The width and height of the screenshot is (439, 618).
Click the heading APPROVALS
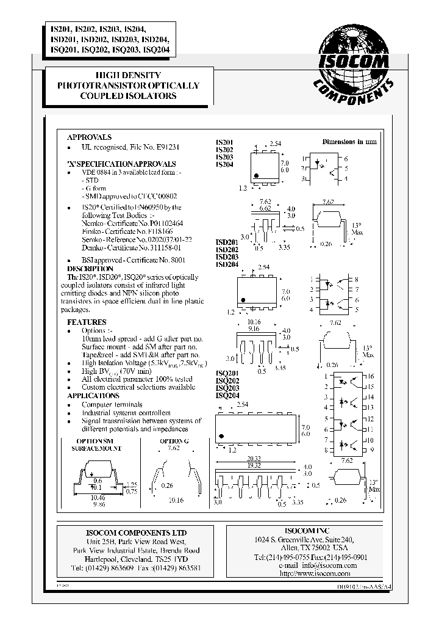click(89, 137)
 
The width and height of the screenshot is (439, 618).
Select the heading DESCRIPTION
click(90, 269)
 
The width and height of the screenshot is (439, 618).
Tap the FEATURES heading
click(87, 322)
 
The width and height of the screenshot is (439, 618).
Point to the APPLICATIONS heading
click(93, 396)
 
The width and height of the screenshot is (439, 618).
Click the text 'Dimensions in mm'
click(349, 141)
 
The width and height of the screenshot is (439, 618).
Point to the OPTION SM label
click(95, 440)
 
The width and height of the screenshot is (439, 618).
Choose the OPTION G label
click(172, 440)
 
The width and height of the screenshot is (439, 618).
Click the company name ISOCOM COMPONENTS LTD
click(127, 533)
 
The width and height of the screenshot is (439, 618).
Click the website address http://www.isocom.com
click(314, 574)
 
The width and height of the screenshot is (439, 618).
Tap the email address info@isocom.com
click(324, 566)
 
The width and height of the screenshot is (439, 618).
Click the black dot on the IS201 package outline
click(257, 176)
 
